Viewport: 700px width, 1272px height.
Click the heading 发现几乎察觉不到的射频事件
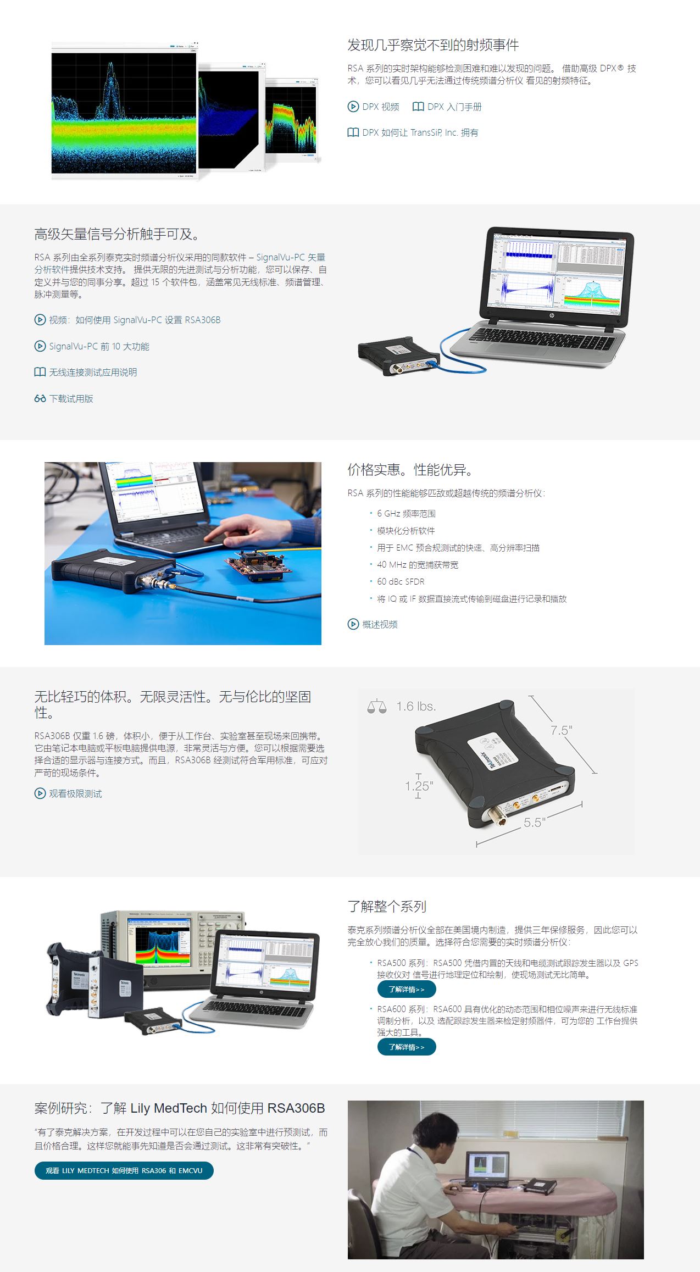tap(433, 45)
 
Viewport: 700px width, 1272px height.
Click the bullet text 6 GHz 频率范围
tap(406, 513)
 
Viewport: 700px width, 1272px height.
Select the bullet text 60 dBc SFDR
tap(401, 581)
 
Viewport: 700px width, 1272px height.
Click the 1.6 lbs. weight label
tap(416, 706)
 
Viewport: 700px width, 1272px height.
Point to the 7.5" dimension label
tap(561, 730)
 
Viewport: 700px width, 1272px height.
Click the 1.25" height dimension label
tap(419, 786)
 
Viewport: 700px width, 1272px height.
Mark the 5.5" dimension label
tap(534, 823)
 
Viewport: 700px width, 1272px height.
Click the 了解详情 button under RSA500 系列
tap(407, 989)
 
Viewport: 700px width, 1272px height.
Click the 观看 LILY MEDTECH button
tap(124, 1170)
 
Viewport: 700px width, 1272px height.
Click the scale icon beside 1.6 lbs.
tap(377, 706)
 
